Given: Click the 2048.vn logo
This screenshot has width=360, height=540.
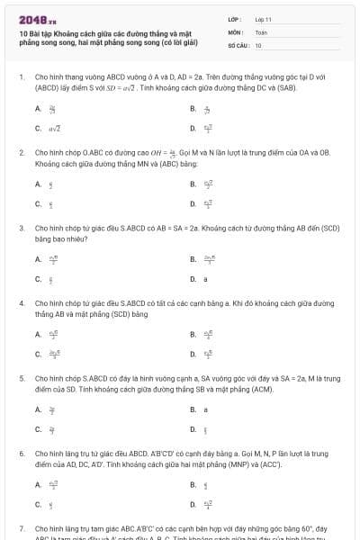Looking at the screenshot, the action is (x=37, y=18).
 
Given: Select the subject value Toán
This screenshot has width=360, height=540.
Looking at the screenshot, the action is (x=261, y=31).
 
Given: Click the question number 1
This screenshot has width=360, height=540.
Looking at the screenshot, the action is (x=22, y=78).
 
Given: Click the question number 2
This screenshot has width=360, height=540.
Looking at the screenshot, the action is (x=22, y=154).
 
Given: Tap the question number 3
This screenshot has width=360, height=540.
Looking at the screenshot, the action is (x=22, y=229).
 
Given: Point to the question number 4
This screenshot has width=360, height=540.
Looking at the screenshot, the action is (x=22, y=304).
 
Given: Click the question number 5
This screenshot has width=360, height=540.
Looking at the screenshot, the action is (x=22, y=379).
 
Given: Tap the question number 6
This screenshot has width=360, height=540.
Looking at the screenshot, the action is (x=22, y=454).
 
